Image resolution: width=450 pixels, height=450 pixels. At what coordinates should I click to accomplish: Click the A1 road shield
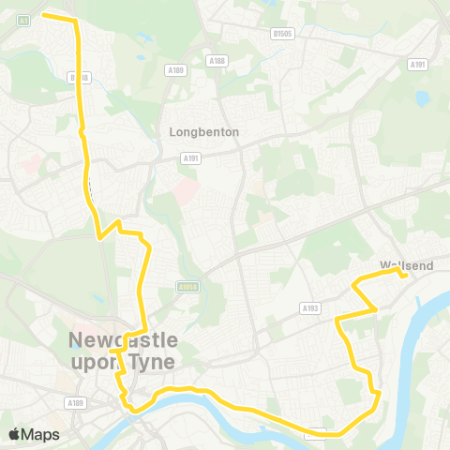tap(22, 19)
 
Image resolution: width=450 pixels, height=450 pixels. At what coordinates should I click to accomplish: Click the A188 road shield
tap(217, 61)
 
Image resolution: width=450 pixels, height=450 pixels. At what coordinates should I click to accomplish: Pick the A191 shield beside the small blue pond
tap(417, 64)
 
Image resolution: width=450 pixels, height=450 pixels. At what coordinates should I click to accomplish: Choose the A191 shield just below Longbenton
tap(191, 158)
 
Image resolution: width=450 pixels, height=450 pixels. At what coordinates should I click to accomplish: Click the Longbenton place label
tap(203, 132)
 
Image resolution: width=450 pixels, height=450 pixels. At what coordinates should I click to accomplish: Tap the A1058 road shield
tap(186, 289)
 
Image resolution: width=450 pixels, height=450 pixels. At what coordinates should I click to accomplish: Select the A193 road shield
tap(311, 307)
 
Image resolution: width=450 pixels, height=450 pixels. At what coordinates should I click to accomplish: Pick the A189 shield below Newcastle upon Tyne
tap(76, 401)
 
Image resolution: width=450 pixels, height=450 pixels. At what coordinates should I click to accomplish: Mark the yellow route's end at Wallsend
tap(403, 276)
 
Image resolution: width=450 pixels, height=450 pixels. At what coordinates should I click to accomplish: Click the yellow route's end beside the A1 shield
tap(44, 15)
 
